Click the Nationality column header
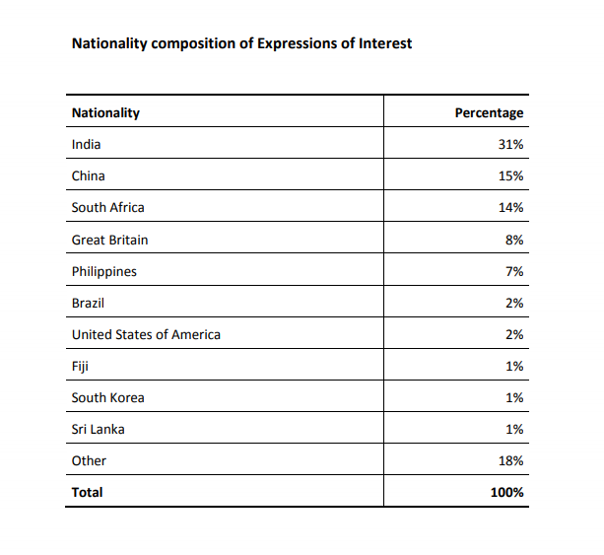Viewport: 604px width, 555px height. coord(105,112)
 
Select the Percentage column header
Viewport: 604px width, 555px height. coord(489,112)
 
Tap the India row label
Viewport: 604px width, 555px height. coord(86,144)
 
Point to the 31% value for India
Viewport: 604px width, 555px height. coord(510,144)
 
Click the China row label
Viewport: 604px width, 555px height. coord(88,175)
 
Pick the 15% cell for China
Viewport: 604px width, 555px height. coord(510,175)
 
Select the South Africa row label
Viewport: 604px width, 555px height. coord(107,207)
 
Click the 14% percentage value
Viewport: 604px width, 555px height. coord(510,207)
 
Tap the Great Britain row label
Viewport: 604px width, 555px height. coord(109,240)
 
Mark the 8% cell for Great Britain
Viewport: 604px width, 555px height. coord(513,240)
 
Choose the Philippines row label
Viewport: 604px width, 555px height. coord(103,271)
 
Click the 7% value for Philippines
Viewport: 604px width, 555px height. coord(513,271)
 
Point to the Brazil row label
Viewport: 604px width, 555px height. coord(88,303)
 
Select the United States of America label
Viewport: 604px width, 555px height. coord(146,334)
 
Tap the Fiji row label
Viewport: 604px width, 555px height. coord(80,366)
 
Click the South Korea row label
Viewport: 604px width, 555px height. coord(107,397)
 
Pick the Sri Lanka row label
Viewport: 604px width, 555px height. coord(98,429)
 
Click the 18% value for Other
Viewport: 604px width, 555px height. coord(510,460)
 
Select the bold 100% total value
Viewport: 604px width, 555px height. coord(506,492)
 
